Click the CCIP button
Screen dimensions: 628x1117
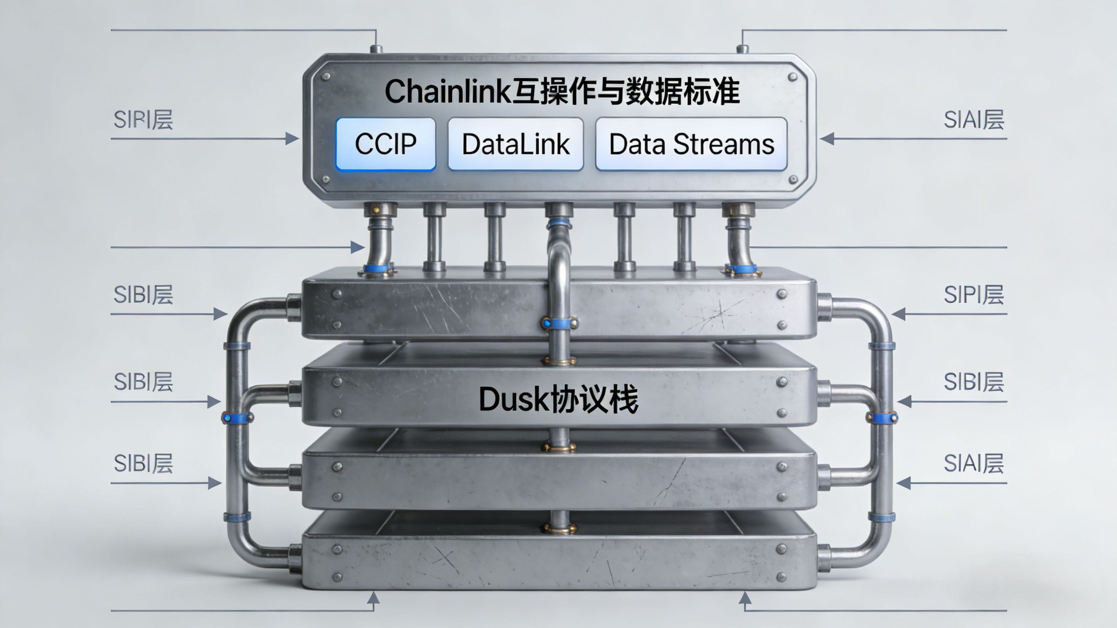(385, 144)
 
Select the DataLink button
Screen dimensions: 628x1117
(516, 144)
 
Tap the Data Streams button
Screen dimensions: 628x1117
(691, 144)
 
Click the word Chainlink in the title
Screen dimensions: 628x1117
(448, 92)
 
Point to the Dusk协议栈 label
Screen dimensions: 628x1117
(558, 399)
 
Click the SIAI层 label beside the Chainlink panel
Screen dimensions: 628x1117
(974, 120)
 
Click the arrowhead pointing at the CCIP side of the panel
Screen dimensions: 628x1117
(292, 139)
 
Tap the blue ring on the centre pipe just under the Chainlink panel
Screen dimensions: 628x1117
(558, 224)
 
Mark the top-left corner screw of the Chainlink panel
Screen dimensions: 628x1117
(326, 77)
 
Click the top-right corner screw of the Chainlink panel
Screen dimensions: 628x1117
(793, 77)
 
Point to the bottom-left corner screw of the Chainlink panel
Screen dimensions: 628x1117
(326, 179)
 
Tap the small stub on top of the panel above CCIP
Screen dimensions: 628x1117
(376, 49)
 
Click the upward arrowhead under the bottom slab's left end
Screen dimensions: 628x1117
(373, 599)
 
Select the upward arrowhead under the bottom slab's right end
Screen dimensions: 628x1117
(745, 599)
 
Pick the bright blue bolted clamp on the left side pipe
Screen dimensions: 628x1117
(237, 418)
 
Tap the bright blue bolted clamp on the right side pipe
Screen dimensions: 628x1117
(882, 418)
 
